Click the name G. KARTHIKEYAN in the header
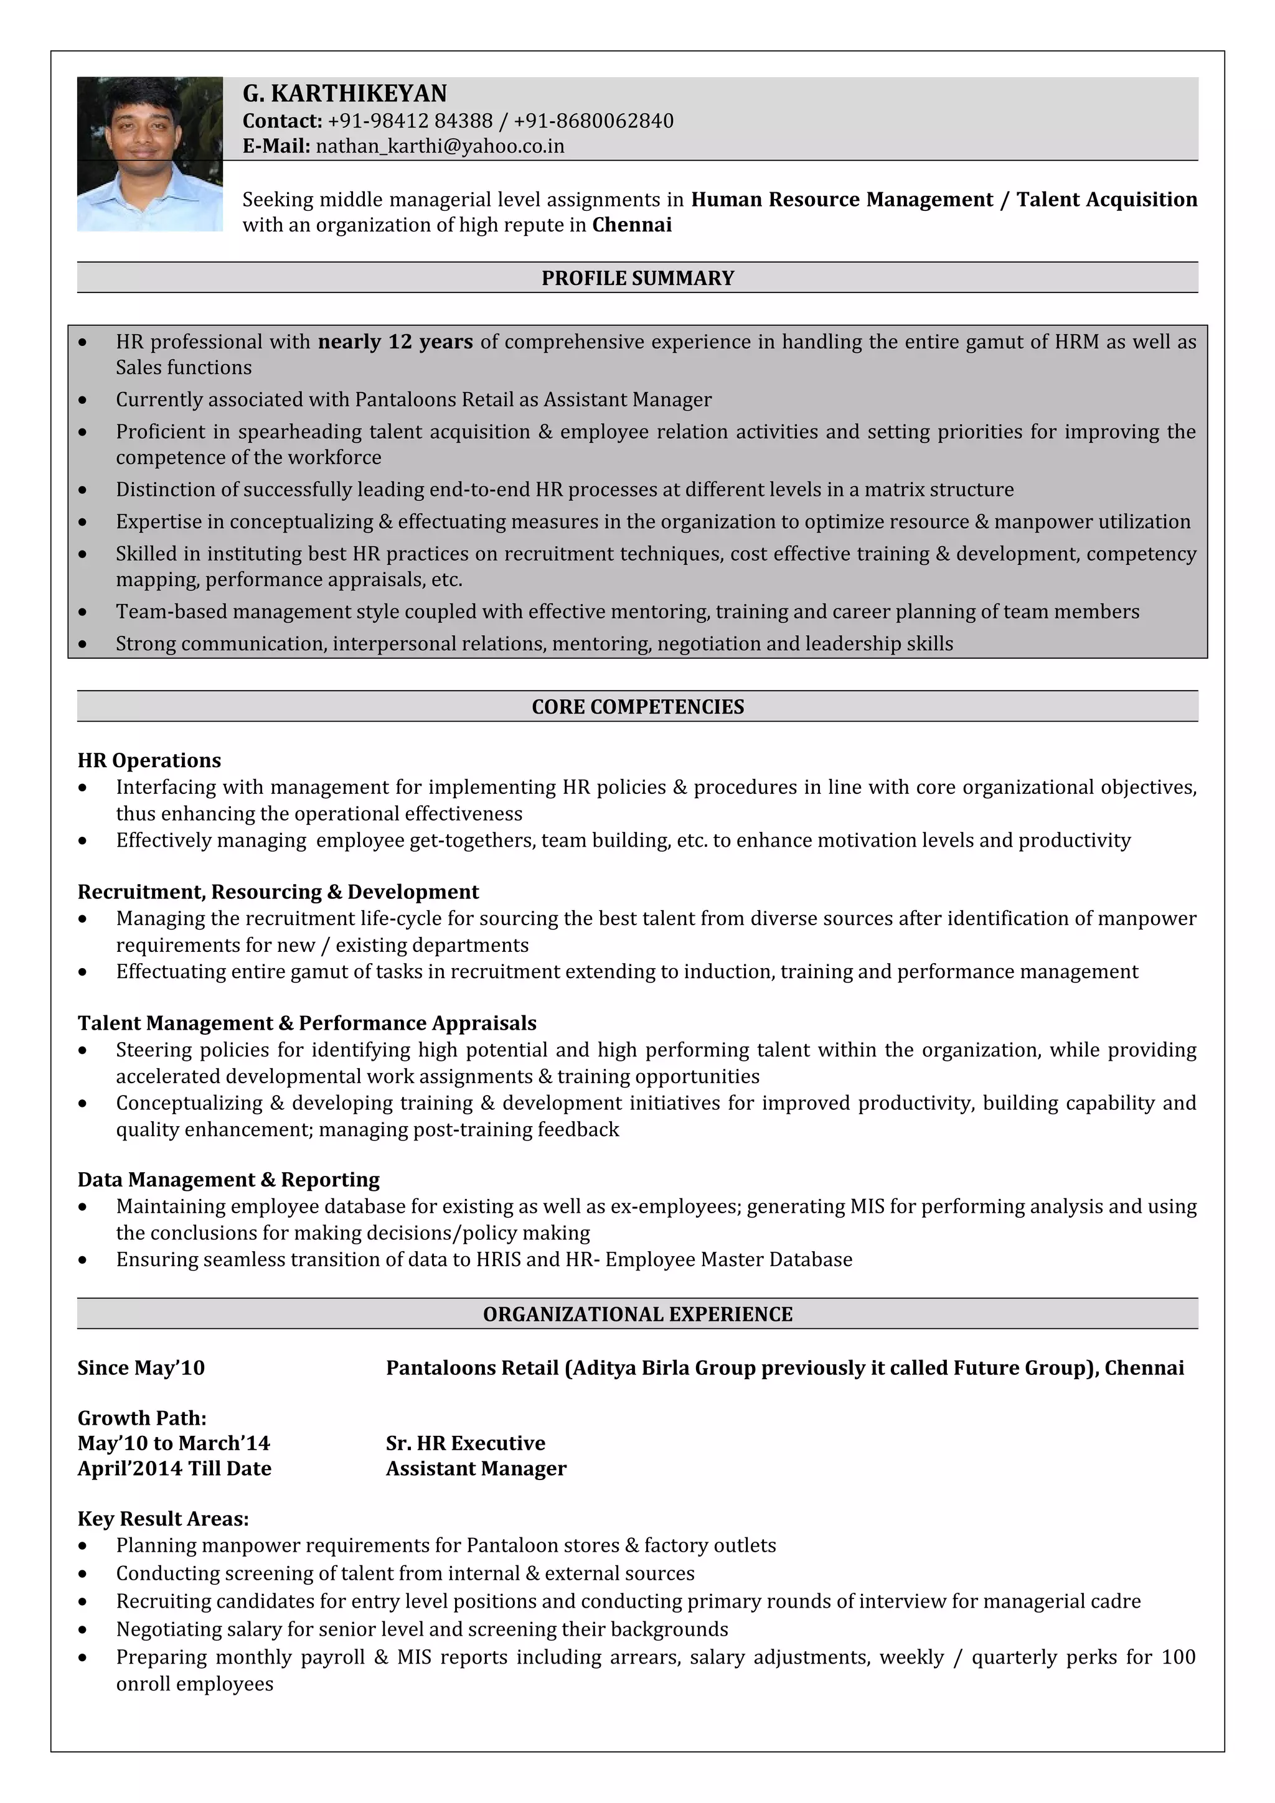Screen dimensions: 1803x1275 tap(344, 93)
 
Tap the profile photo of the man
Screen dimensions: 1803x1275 tap(149, 153)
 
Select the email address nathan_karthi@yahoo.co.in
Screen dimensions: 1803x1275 tap(440, 146)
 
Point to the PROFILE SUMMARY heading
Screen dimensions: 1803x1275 tap(637, 278)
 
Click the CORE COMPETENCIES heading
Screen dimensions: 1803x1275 tap(637, 707)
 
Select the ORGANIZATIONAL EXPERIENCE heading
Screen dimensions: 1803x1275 tap(637, 1314)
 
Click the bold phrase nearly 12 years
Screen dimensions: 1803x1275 tap(395, 342)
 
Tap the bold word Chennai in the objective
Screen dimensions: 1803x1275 tap(632, 225)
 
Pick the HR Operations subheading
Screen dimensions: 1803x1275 tap(149, 760)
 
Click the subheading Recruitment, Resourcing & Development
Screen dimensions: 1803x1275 tap(278, 892)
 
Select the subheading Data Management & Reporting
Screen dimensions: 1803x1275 tap(228, 1180)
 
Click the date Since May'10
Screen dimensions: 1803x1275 tap(141, 1368)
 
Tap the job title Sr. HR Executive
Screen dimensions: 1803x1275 tap(465, 1443)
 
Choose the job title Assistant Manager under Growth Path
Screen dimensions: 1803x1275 tap(476, 1468)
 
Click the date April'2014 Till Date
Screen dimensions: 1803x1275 tap(174, 1468)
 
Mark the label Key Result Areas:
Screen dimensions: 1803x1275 tap(163, 1519)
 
